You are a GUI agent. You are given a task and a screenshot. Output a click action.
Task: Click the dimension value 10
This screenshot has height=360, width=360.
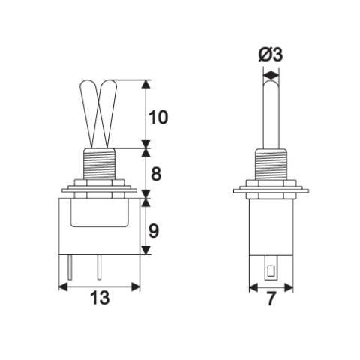coord(159,118)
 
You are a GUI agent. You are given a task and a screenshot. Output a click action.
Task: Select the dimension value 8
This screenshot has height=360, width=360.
coord(156,174)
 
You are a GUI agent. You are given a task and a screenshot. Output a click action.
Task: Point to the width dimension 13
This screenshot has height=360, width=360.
coord(100,298)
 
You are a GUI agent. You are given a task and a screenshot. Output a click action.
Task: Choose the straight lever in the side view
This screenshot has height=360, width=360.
coord(271,112)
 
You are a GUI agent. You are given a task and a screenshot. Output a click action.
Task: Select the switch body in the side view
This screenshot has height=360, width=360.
coord(271,225)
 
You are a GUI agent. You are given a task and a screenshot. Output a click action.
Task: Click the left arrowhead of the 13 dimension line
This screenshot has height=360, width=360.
coord(63,286)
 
